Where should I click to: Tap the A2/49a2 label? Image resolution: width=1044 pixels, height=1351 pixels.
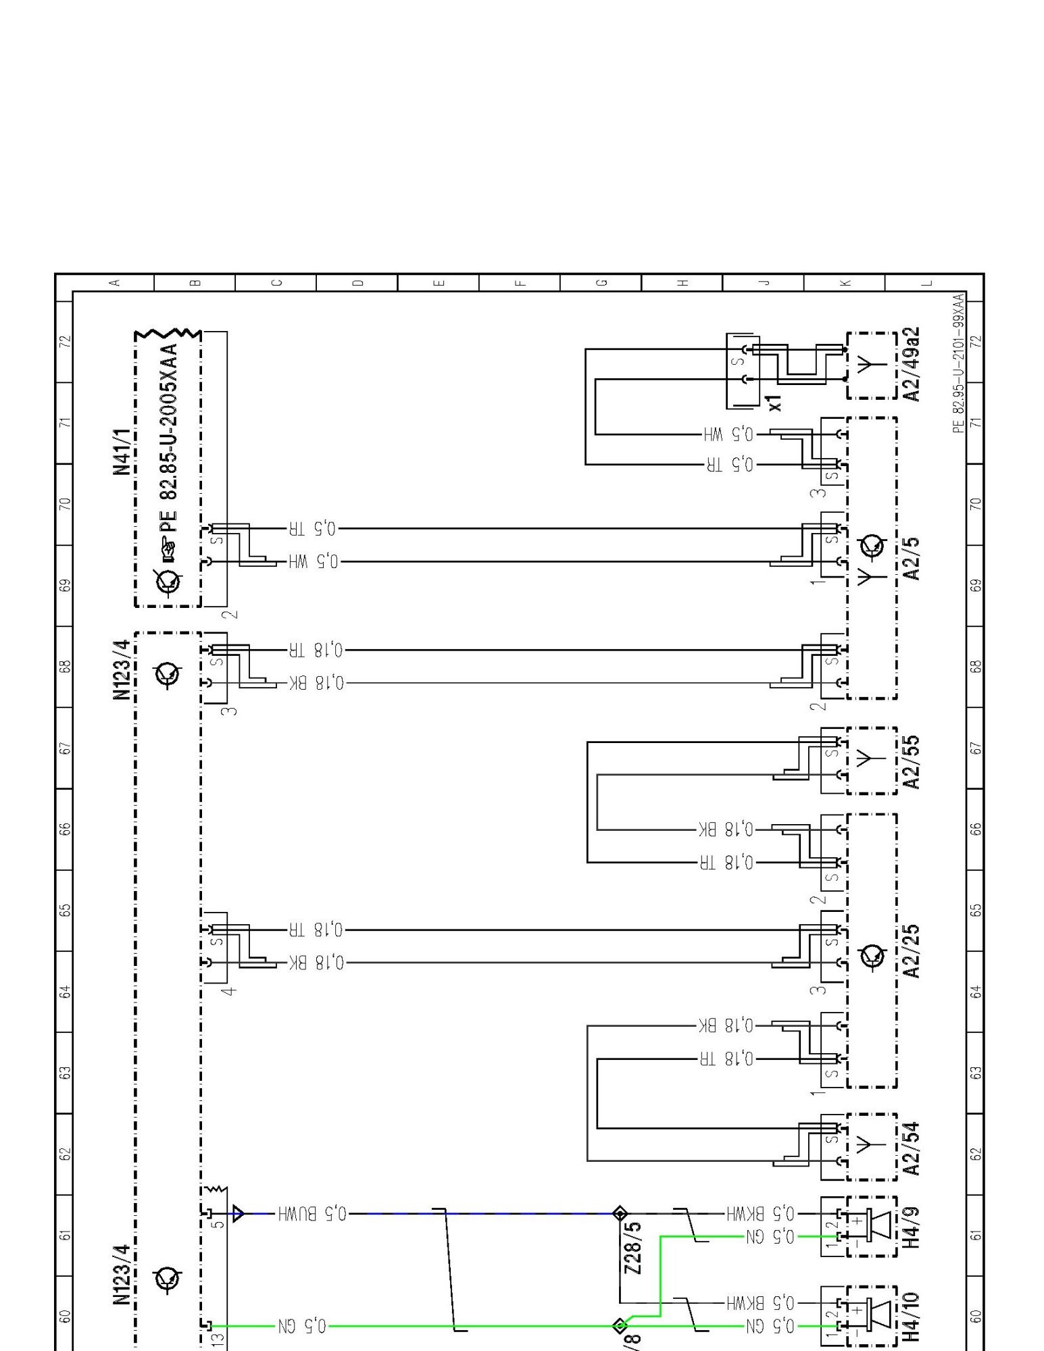coord(912,365)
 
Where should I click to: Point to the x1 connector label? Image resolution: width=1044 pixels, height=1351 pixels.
coord(775,403)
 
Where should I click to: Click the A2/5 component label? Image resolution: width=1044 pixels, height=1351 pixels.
coord(912,559)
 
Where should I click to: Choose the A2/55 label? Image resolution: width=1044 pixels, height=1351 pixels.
coord(912,762)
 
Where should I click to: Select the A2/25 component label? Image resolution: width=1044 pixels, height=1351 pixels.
coord(912,951)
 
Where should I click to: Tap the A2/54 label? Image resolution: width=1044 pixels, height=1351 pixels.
coord(912,1148)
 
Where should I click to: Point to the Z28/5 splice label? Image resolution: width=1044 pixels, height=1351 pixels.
coord(633,1248)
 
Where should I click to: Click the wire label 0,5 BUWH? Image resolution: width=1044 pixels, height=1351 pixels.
coord(312,1214)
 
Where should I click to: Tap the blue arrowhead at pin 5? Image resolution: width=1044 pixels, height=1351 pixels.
coord(239,1214)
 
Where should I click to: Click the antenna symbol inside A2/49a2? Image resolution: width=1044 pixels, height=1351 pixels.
coord(871,365)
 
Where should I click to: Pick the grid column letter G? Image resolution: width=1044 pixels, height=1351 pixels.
coord(601,282)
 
